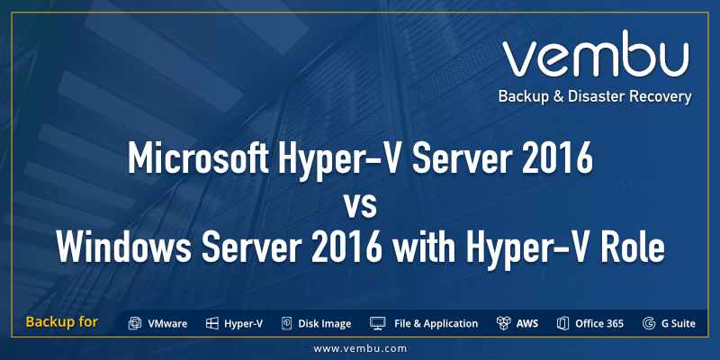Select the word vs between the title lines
(359, 202)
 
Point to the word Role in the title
(630, 246)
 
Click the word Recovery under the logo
(660, 96)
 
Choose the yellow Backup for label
(62, 322)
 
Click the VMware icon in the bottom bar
(135, 323)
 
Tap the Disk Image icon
(287, 323)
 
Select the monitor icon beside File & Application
(378, 323)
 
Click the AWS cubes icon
(503, 323)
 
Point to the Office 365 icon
(563, 323)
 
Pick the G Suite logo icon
(648, 323)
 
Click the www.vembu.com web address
(360, 347)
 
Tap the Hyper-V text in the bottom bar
(243, 323)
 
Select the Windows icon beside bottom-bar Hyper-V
(212, 323)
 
